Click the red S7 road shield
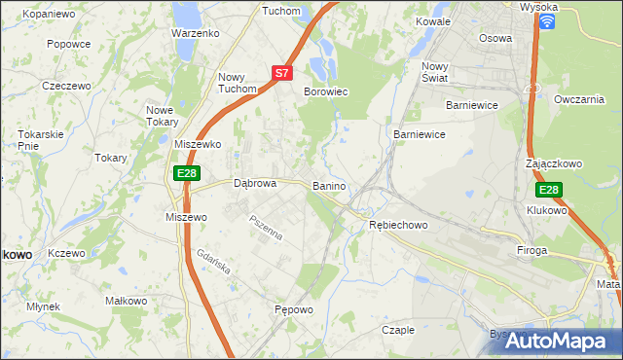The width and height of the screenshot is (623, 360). [x=281, y=72]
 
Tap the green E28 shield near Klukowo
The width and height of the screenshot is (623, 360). [x=549, y=191]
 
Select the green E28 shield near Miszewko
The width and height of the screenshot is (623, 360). [x=188, y=173]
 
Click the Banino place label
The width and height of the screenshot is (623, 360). [x=330, y=185]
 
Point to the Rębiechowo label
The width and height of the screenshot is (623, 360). [x=399, y=225]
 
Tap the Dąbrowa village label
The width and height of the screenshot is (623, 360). [x=256, y=182]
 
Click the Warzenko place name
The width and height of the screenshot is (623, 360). [x=195, y=32]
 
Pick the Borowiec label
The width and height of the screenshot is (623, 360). [x=326, y=91]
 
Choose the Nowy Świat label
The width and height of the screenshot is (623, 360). [x=434, y=72]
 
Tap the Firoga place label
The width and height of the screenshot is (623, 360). [x=532, y=250]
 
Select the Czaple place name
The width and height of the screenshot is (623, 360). [x=397, y=330]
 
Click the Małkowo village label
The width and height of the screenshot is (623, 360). [x=125, y=301]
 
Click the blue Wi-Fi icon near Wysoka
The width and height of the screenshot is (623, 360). [x=547, y=20]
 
